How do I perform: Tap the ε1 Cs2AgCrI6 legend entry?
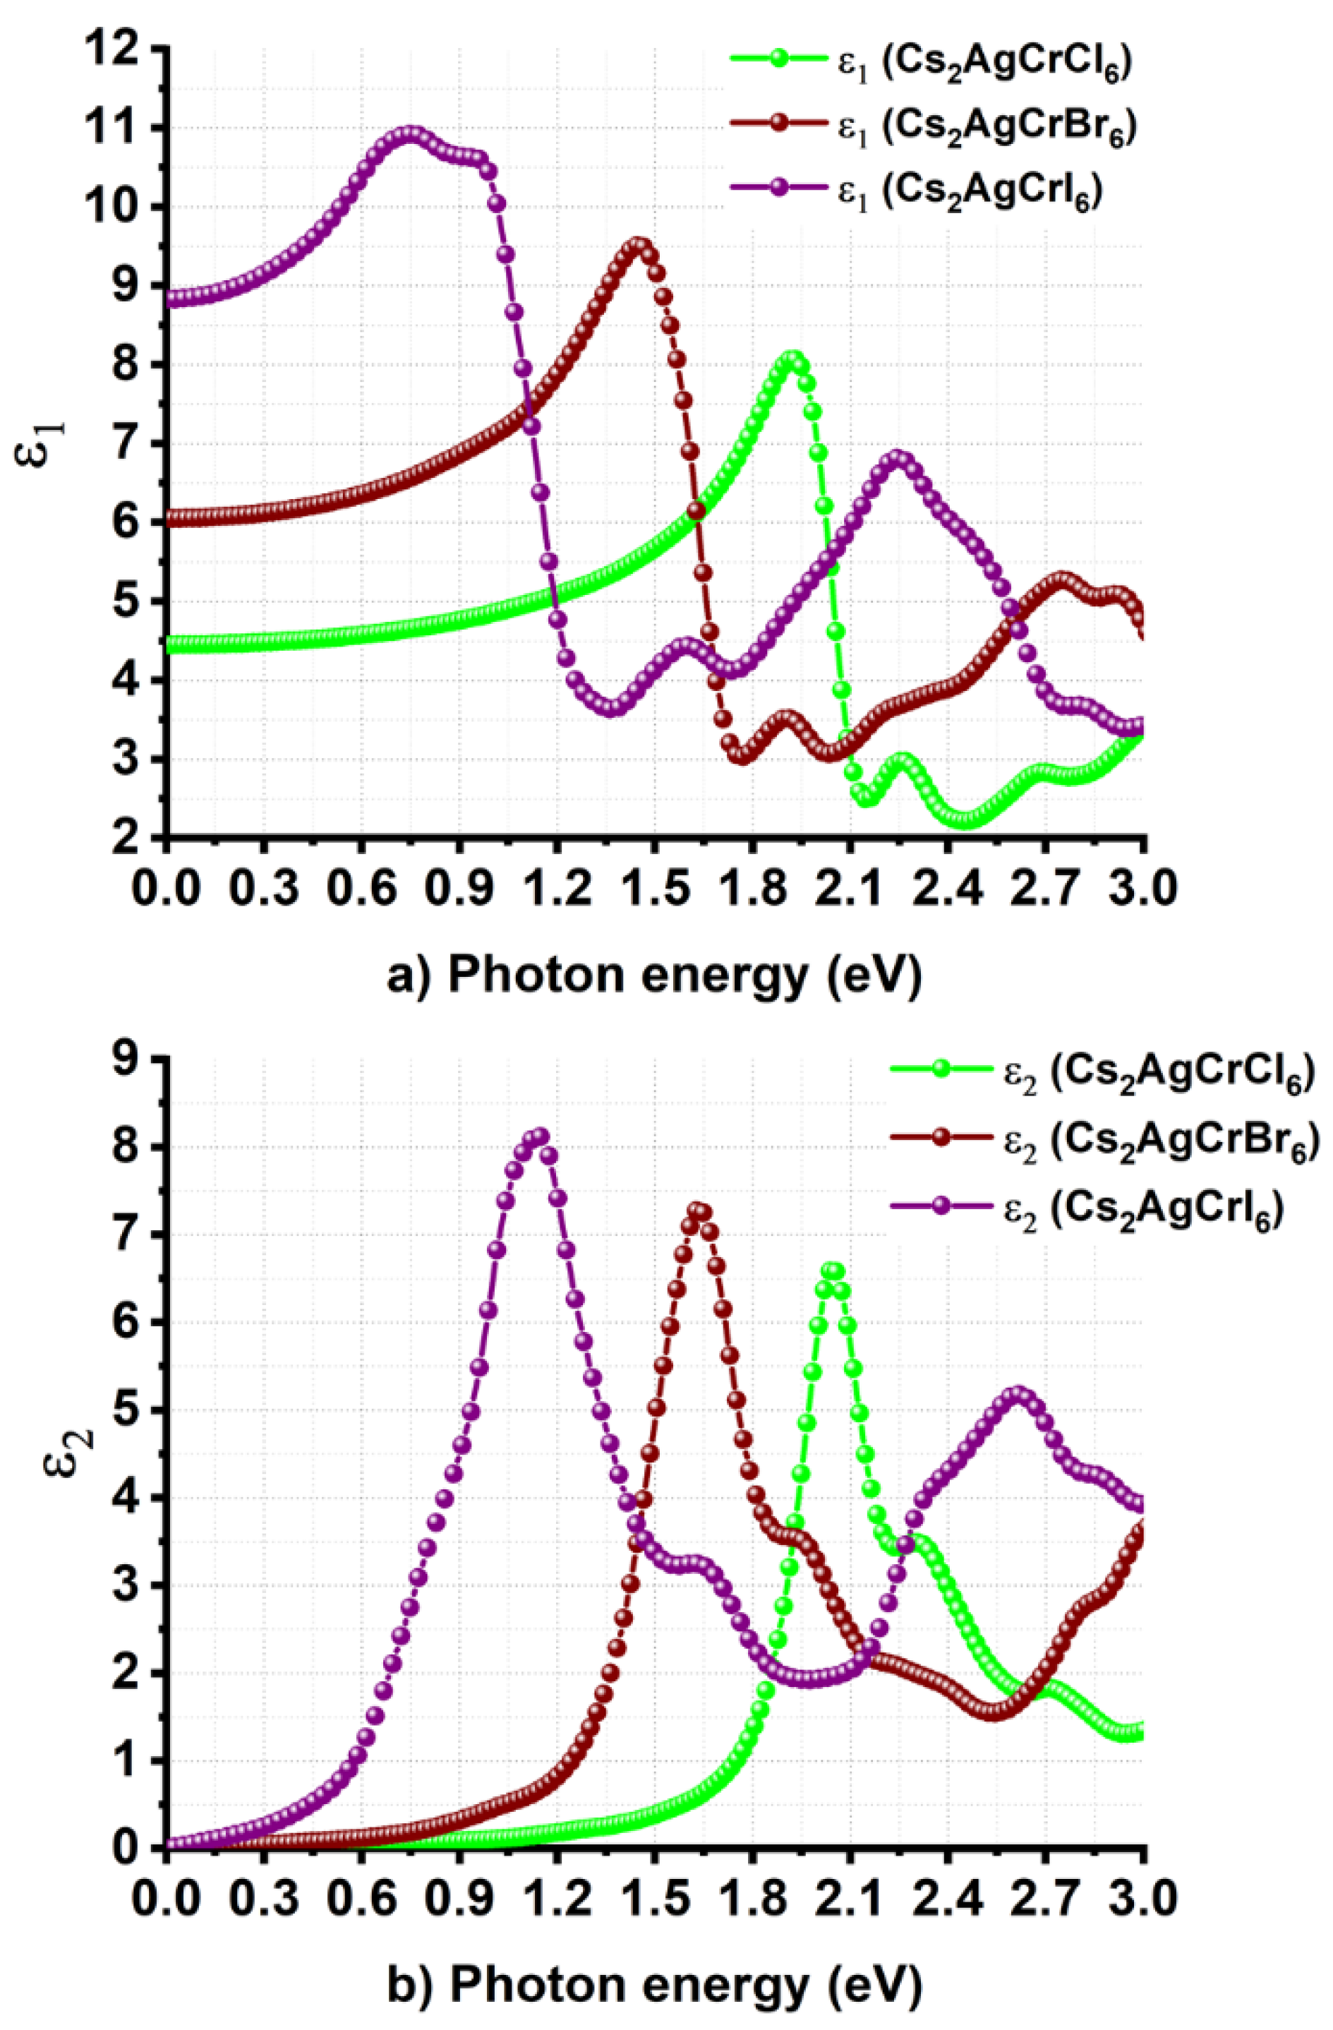[x=917, y=189]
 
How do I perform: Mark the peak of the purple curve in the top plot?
[x=411, y=136]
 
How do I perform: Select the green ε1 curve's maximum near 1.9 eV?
[x=793, y=359]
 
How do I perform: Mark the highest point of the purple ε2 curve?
[x=539, y=1137]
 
